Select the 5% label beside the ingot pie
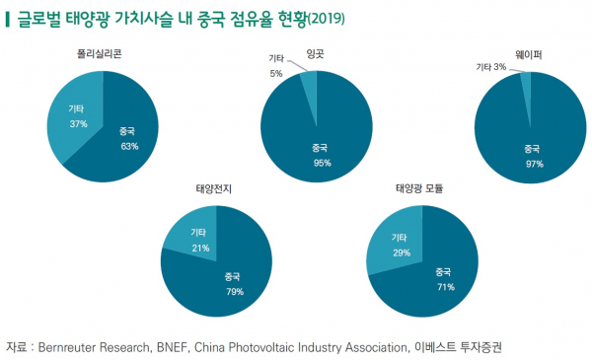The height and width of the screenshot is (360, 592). pos(276,73)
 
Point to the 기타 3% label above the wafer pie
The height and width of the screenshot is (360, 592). pos(491,67)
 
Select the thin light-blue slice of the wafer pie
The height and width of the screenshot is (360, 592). pos(526,80)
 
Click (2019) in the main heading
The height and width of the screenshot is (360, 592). pos(330,18)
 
